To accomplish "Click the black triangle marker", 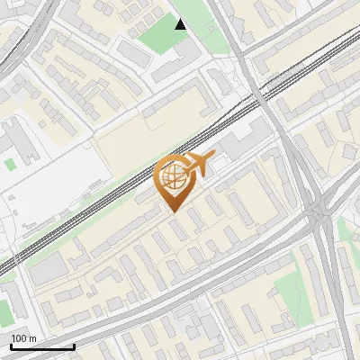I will (x=181, y=24).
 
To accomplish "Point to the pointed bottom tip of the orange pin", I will (x=173, y=211).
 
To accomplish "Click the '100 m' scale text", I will (x=23, y=338).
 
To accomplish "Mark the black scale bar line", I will (x=41, y=346).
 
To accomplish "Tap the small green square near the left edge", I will (x=10, y=165).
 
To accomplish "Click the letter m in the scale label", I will (x=32, y=338).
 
